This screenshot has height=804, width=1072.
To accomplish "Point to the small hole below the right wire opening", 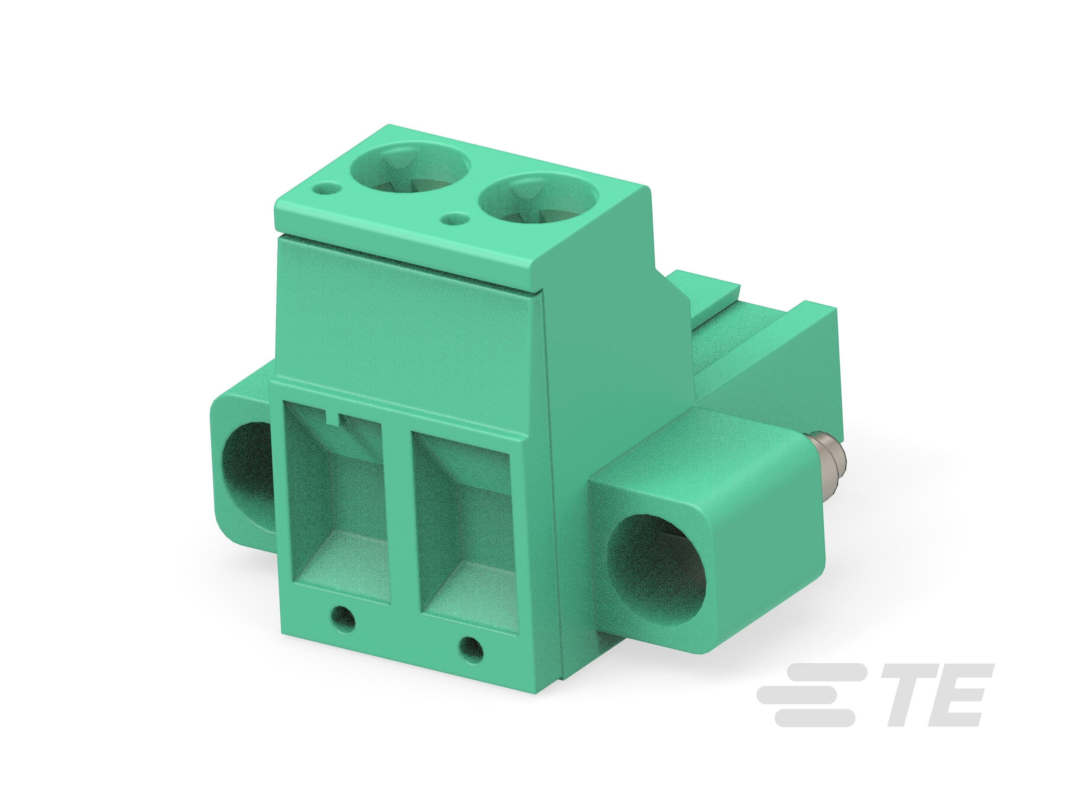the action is click(471, 650).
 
